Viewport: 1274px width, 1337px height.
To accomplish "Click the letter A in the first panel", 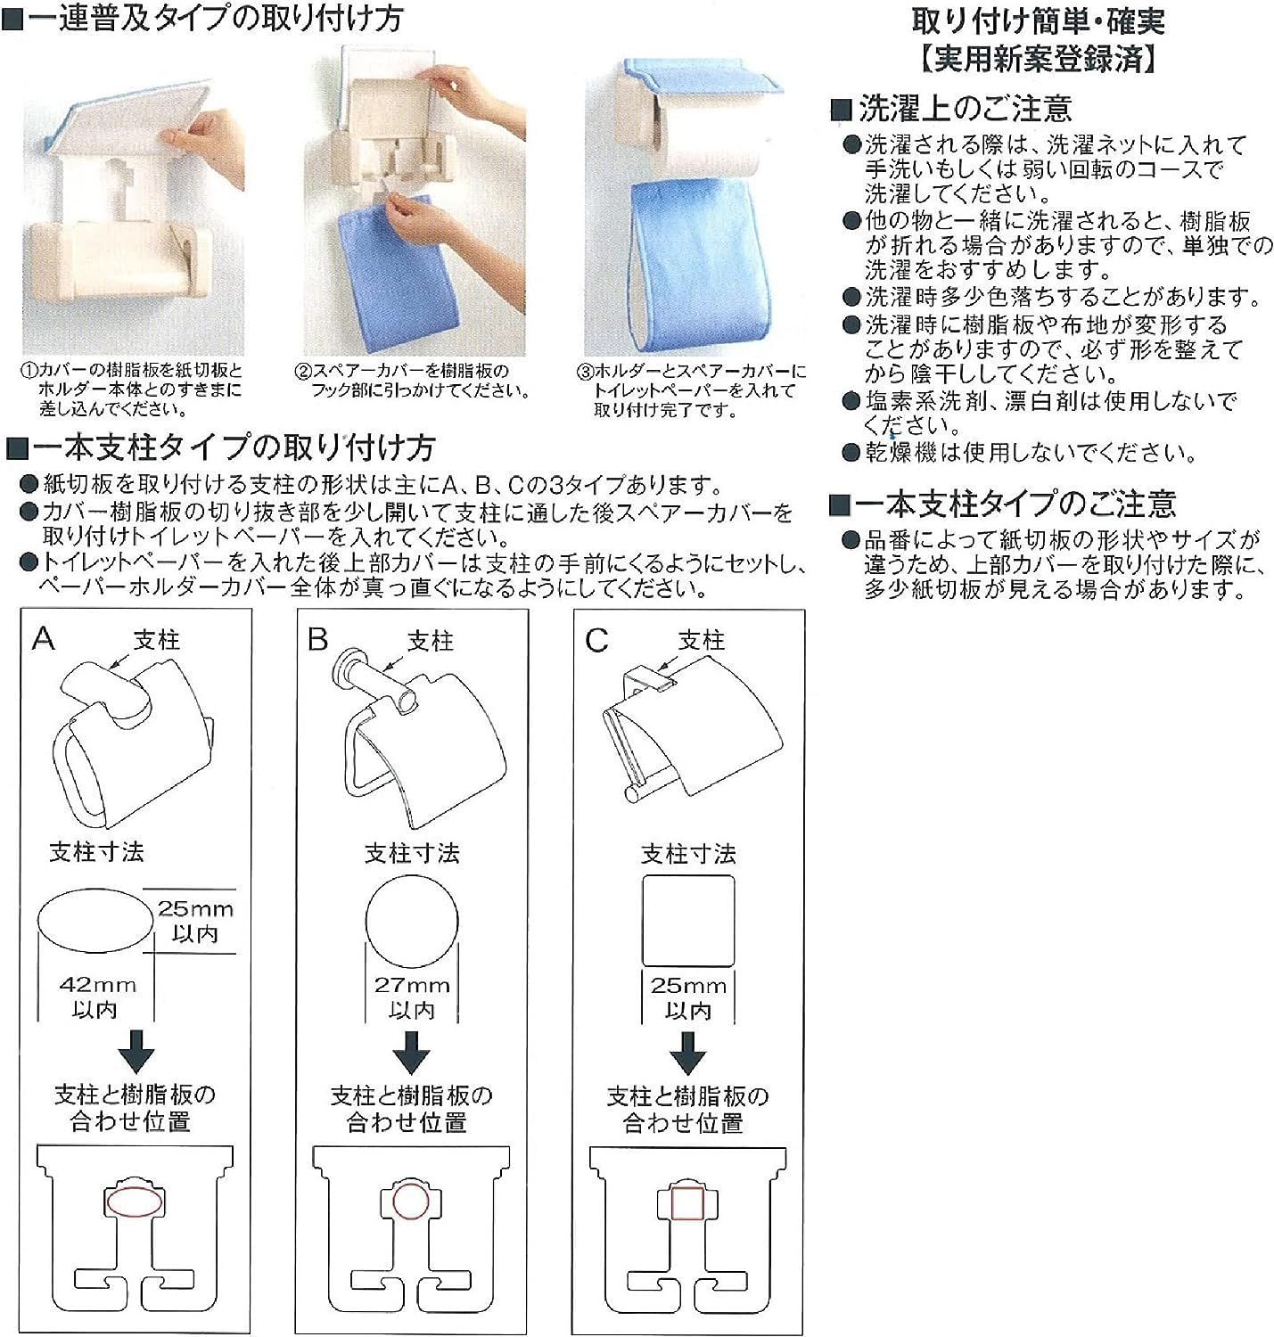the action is point(44,638).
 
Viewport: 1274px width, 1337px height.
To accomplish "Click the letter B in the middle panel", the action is point(317,639).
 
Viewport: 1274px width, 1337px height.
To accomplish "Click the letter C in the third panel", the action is point(596,640).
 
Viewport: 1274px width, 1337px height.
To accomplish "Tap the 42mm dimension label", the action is point(98,985).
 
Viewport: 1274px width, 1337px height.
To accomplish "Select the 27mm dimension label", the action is point(412,985).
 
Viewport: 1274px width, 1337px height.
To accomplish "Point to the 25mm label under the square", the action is point(688,986).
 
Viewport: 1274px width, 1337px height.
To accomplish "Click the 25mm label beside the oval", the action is point(195,908).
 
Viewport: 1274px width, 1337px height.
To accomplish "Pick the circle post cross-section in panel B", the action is point(412,921).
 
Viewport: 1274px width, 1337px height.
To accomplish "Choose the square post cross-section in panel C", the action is point(688,920).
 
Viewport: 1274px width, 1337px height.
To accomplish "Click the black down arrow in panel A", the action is point(136,1052).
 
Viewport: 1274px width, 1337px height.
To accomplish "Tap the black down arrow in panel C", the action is point(688,1054).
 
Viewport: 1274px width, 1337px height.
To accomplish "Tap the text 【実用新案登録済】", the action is point(1038,59).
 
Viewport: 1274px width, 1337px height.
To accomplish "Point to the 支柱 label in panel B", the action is point(431,640).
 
